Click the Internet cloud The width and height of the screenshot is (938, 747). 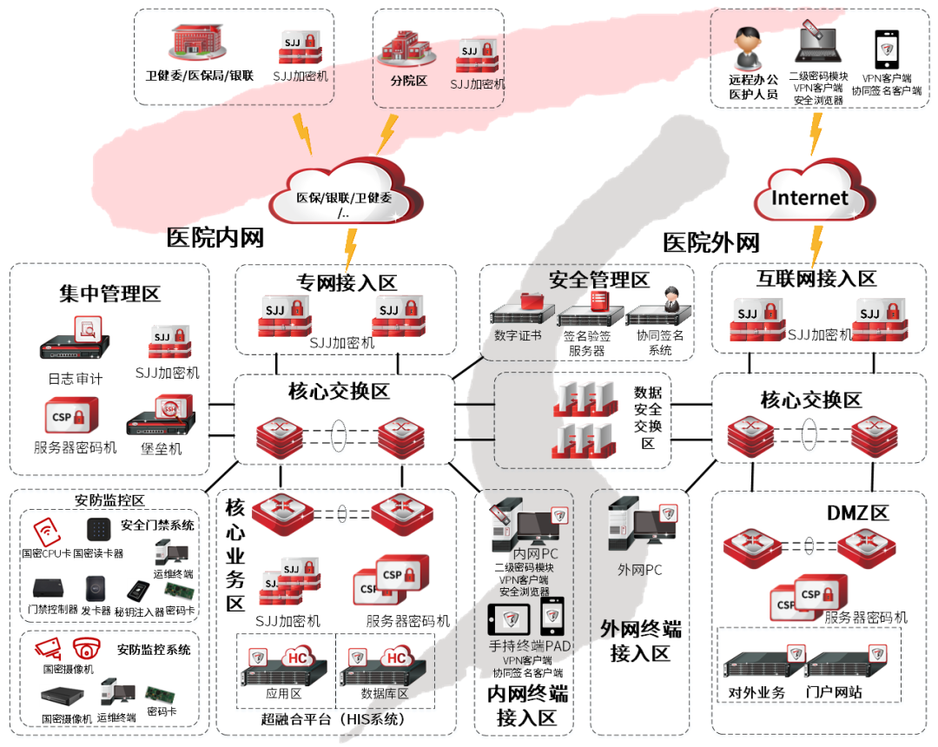[x=809, y=196]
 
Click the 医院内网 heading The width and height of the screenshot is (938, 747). [x=215, y=236]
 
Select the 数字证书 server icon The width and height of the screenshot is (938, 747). [x=518, y=307]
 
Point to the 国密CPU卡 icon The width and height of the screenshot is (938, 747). [x=46, y=531]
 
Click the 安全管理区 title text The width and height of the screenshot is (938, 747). [x=599, y=280]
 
